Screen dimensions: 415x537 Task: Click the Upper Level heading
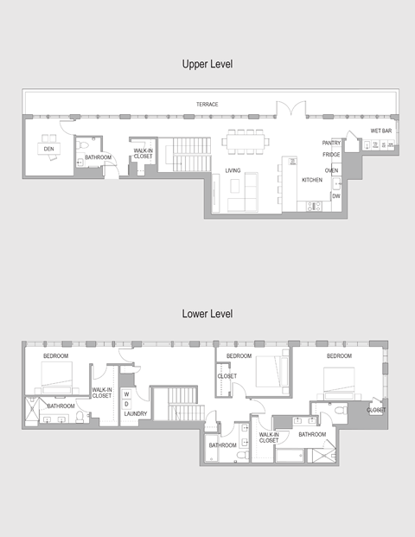(x=207, y=64)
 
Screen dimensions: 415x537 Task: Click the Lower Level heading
(x=207, y=314)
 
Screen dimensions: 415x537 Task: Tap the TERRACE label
(x=207, y=104)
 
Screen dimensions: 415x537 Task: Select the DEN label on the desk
(x=49, y=149)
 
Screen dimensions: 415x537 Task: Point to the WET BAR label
(x=381, y=131)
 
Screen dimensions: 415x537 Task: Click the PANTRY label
(x=331, y=143)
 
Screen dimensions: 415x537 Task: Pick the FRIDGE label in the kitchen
(x=331, y=155)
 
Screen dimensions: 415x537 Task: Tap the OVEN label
(x=331, y=170)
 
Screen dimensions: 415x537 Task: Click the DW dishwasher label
(x=336, y=196)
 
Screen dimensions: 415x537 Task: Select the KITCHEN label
(x=312, y=180)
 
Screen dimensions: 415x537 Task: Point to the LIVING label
(x=233, y=170)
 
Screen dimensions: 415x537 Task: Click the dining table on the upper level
(x=246, y=142)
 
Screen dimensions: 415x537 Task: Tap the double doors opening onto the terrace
(x=291, y=108)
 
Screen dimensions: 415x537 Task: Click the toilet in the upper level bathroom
(x=81, y=144)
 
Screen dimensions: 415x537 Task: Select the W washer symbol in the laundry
(x=127, y=394)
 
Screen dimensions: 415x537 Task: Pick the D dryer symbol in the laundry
(x=127, y=404)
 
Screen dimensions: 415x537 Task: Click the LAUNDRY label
(x=136, y=413)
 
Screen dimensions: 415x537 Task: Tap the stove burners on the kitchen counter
(x=314, y=206)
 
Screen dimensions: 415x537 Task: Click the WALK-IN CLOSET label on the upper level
(x=144, y=153)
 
